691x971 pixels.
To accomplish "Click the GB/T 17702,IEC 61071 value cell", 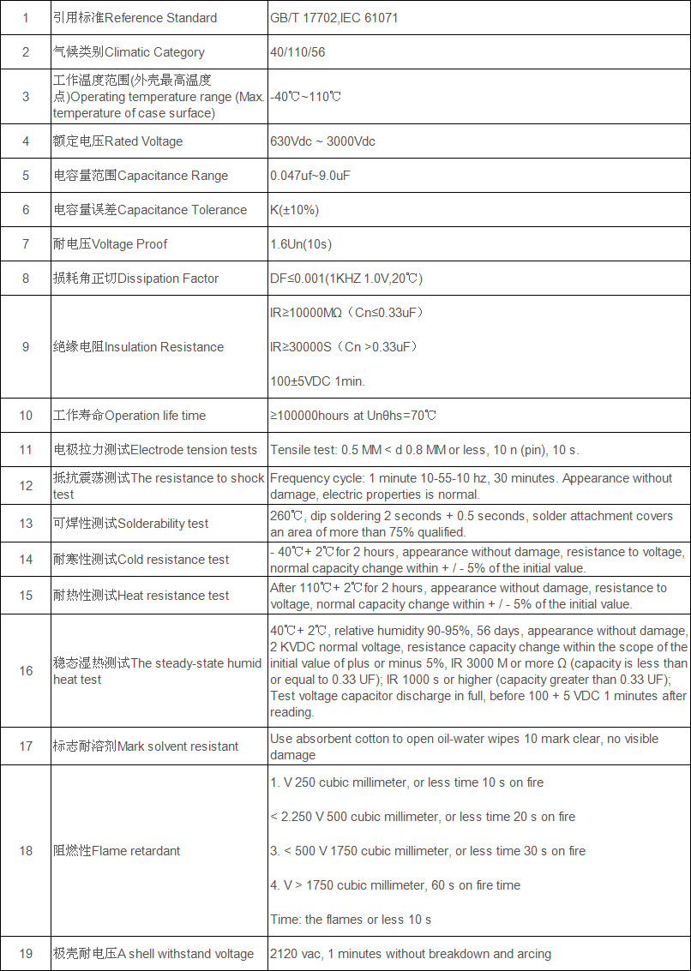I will [x=334, y=18].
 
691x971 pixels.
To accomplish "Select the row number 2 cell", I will [x=26, y=52].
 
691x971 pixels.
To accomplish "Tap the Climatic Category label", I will [x=129, y=52].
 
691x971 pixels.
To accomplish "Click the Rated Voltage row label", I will [x=117, y=141].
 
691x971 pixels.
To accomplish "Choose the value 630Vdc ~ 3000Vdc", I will [x=322, y=141].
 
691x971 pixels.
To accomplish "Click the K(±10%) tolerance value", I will [x=294, y=210].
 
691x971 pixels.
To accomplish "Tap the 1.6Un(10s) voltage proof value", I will [x=301, y=244].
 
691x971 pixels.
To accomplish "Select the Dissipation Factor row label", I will [x=135, y=279].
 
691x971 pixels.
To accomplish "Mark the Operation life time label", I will [x=129, y=416].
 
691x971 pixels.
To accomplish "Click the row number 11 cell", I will [x=26, y=450].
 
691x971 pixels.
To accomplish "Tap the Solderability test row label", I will [x=130, y=524].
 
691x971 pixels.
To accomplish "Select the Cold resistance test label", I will [x=141, y=560].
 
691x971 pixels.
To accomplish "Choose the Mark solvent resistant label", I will [x=146, y=746].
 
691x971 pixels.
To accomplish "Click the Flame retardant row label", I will [x=117, y=851].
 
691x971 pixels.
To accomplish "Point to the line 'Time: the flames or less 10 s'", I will [x=351, y=920].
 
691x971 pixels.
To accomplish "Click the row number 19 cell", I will [x=26, y=954].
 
